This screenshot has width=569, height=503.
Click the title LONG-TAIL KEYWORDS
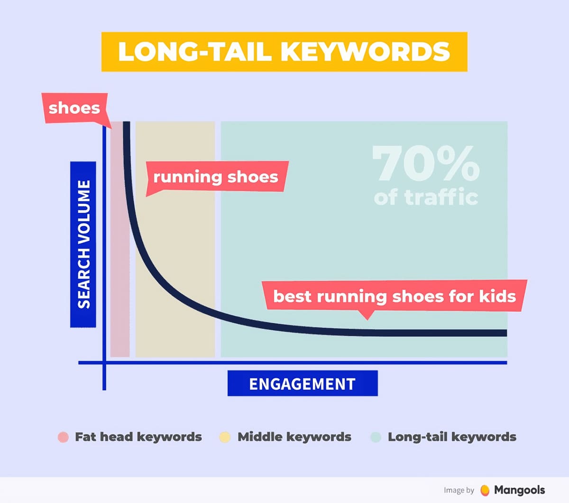coord(284,52)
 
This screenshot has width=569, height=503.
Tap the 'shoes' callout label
coord(74,108)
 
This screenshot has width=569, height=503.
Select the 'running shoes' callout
coord(216,177)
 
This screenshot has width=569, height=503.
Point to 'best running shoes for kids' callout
coord(394,296)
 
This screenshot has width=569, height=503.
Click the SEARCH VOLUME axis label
coord(83,244)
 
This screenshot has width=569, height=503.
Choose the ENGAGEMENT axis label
coord(303,384)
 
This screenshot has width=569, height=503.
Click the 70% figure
coord(425,163)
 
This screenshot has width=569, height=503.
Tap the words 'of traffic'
coord(425,197)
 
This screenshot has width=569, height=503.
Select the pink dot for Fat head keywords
coord(63,437)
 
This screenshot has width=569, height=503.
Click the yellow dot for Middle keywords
coord(225,437)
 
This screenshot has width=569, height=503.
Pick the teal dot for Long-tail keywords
coord(376,437)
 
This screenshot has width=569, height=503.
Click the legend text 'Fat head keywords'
coord(138,437)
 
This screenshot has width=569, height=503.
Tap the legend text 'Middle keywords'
coord(294,437)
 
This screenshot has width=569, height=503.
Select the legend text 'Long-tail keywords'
coord(452,437)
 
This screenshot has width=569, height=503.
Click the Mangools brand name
coord(519,490)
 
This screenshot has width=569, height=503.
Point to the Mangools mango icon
coord(485,490)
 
